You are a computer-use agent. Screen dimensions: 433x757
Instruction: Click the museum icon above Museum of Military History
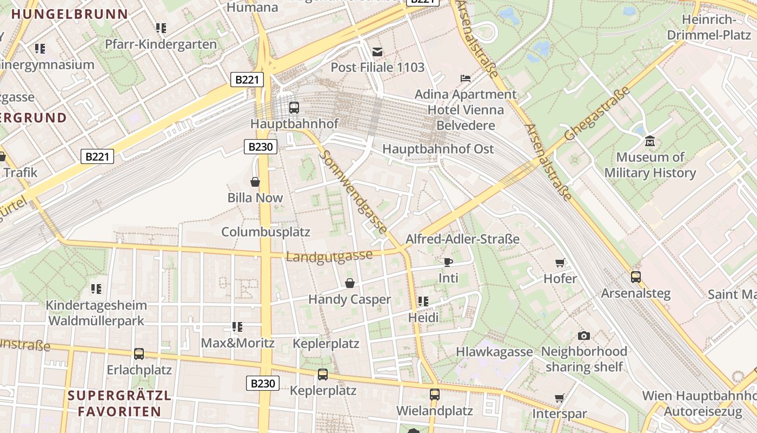pos(650,141)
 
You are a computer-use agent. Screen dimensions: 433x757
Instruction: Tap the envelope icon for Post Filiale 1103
pos(377,52)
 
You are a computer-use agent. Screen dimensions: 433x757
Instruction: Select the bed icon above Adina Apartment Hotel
pos(465,78)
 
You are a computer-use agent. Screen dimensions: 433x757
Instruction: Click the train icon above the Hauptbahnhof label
pos(294,107)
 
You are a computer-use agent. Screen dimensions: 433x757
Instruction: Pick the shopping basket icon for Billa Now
pos(255,182)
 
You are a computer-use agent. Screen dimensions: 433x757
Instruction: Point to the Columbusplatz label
pos(265,232)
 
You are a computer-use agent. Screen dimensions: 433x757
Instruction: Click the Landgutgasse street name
pos(329,255)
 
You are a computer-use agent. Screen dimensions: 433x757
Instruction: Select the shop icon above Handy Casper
pos(350,283)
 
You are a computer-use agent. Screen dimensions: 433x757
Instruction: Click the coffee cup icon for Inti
pos(448,263)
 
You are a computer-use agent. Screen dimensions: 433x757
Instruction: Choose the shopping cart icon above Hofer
pos(560,263)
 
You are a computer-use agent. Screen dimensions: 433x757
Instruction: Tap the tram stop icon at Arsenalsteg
pos(636,277)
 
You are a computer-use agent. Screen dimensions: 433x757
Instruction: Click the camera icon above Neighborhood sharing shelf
pos(583,336)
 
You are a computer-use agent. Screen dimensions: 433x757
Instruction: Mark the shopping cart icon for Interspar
pos(560,398)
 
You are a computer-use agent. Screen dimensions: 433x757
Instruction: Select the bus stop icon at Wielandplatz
pos(434,395)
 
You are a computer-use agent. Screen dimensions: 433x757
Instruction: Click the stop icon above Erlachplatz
pos(139,354)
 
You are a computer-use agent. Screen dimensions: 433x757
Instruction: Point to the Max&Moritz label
pos(237,343)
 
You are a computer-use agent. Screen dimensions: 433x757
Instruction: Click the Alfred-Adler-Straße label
pos(462,239)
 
